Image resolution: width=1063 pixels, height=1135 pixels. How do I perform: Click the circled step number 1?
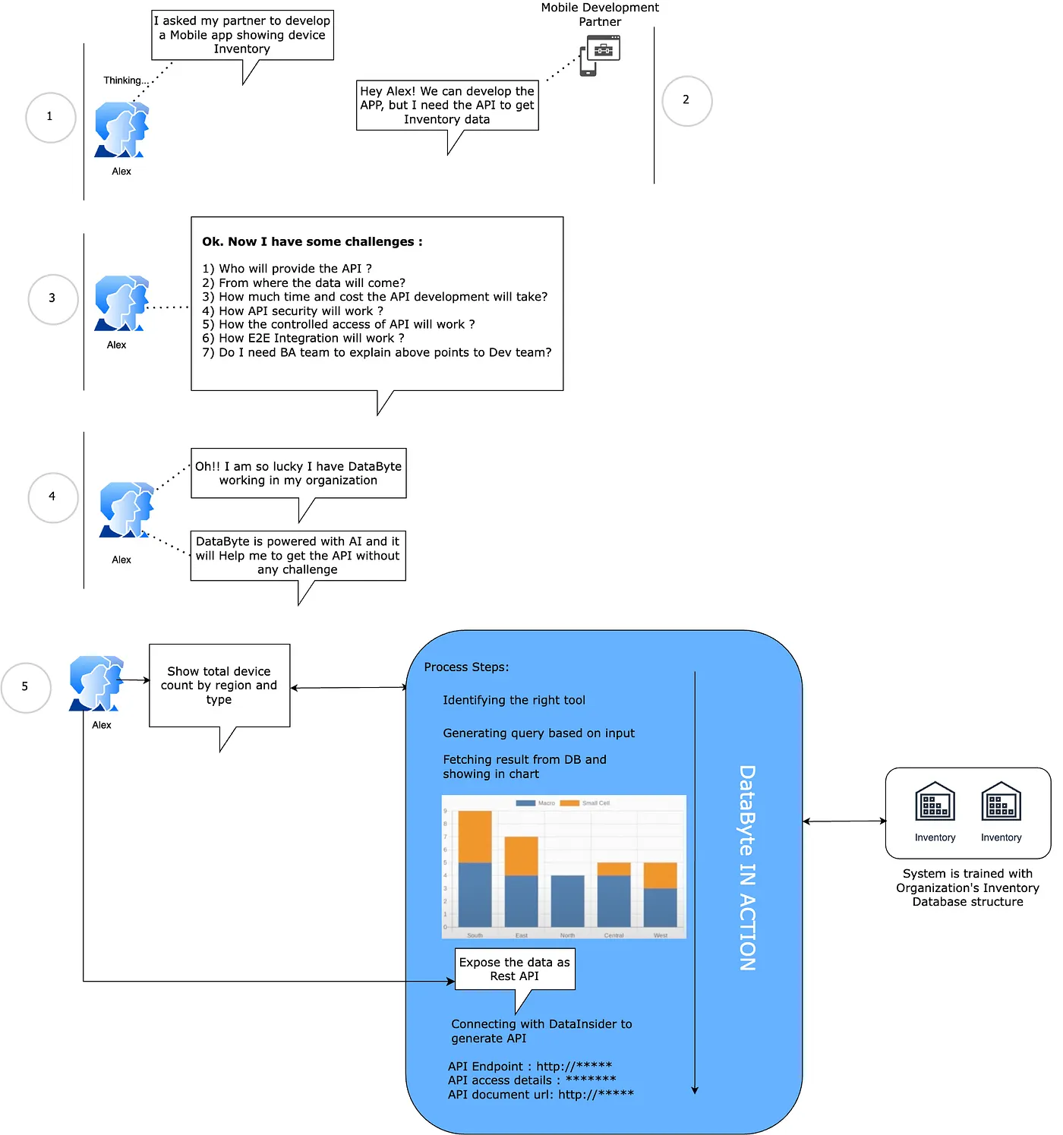click(x=50, y=117)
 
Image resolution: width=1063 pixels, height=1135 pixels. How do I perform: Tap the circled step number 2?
click(x=686, y=100)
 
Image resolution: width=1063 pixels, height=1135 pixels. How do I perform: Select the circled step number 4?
click(x=52, y=497)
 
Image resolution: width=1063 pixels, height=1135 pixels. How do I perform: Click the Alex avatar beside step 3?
click(x=121, y=303)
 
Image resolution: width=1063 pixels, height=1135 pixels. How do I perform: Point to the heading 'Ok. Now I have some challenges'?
click(x=312, y=241)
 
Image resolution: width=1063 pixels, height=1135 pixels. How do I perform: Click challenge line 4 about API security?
click(x=292, y=311)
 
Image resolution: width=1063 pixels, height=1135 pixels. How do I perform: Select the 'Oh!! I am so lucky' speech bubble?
click(x=298, y=474)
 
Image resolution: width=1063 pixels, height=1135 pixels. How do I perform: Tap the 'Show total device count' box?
click(x=219, y=685)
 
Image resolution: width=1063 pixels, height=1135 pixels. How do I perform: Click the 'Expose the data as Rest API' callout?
click(x=514, y=969)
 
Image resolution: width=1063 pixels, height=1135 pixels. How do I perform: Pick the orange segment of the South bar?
click(x=475, y=836)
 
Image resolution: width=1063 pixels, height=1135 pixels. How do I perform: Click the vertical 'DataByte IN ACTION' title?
click(x=747, y=867)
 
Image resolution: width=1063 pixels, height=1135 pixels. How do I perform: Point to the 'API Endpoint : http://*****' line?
click(x=529, y=1066)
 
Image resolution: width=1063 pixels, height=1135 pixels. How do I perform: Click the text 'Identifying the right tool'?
click(x=514, y=700)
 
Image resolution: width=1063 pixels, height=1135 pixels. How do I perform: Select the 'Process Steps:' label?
click(x=466, y=667)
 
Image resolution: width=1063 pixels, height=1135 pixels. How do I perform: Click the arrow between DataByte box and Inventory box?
click(x=844, y=821)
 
